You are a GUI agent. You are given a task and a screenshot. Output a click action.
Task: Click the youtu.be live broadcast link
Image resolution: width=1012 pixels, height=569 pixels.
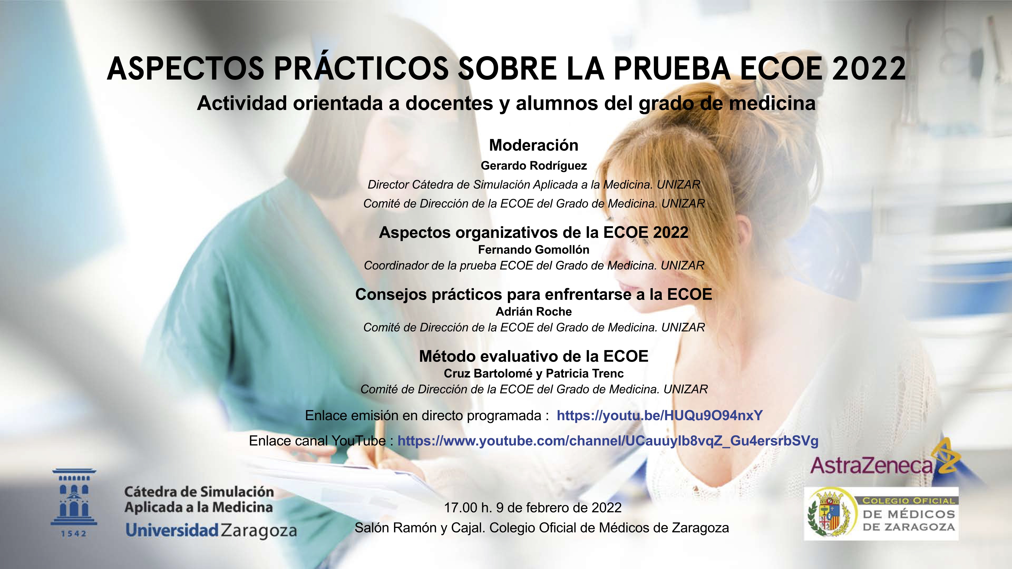coord(660,415)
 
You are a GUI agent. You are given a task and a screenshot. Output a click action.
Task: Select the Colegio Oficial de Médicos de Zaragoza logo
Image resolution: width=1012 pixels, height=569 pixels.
coord(882,514)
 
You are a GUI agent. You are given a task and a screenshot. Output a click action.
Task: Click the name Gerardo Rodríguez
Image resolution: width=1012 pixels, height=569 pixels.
coord(533,166)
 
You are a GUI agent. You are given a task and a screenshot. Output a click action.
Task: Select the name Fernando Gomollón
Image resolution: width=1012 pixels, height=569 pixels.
coord(533,250)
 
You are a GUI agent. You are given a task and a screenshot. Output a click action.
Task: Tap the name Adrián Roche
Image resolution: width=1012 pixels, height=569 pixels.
coord(533,312)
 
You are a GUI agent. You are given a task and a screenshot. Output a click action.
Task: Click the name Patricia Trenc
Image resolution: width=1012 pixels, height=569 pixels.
coord(585,374)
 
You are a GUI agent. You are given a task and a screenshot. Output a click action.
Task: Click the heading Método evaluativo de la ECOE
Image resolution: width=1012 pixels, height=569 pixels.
coord(533,356)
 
